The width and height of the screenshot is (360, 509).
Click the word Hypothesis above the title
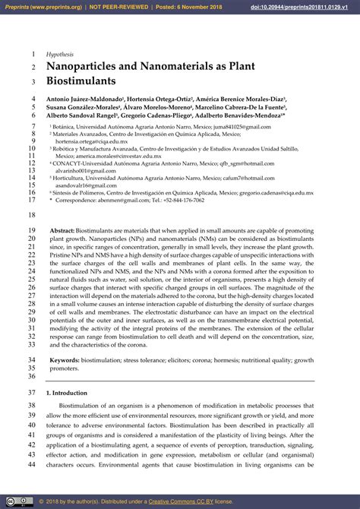[60, 55]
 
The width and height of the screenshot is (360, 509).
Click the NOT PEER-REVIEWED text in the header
[117, 7]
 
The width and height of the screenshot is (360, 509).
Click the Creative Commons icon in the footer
[11, 502]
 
